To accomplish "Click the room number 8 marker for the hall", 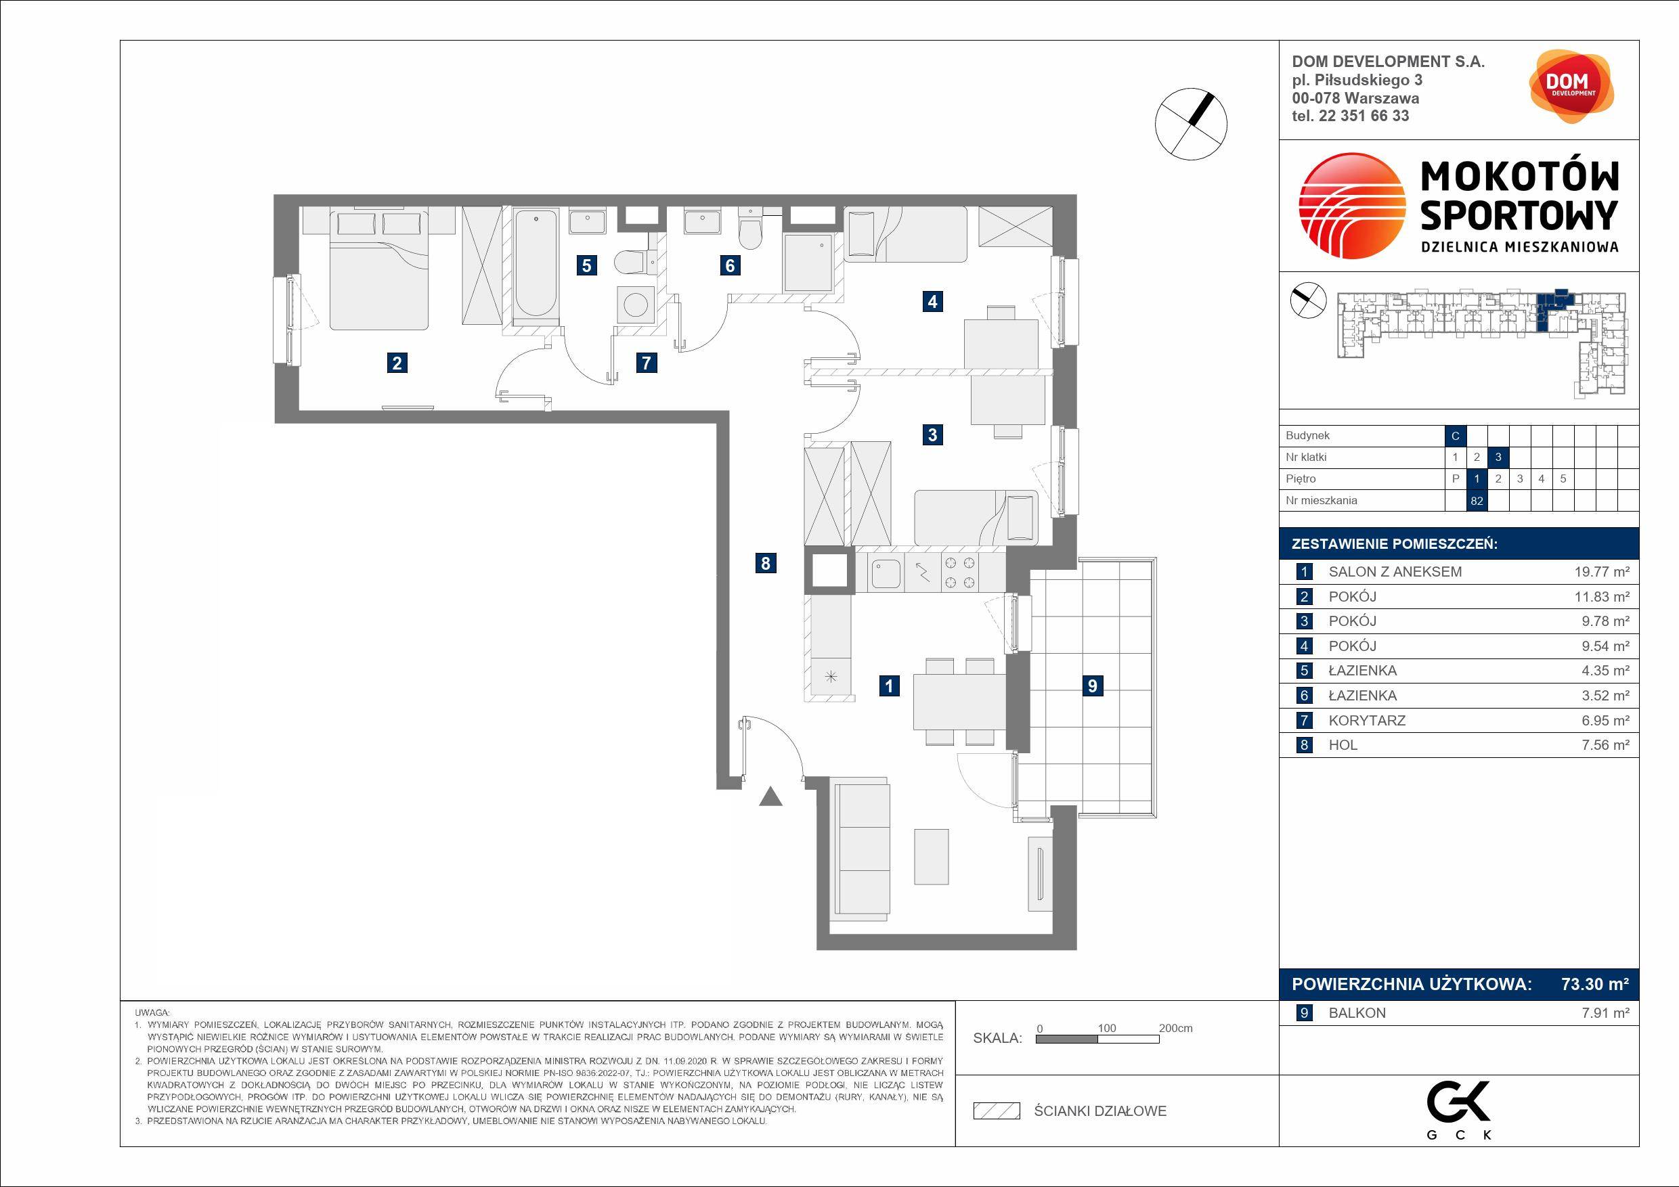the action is coord(765,563).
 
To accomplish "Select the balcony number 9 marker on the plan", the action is coord(1093,686).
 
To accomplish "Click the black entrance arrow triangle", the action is coord(770,796).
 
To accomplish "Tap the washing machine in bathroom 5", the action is coord(635,304).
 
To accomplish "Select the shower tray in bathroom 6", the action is coord(808,263).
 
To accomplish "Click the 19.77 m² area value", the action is coord(1602,572).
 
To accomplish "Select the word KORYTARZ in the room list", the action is coord(1367,721).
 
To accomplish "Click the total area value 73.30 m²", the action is coord(1595,984).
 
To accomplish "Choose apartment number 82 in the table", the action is coord(1477,501).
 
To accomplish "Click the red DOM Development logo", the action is coord(1571,86).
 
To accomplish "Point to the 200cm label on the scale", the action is coord(1175,1028).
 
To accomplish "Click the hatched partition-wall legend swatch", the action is coord(996,1111).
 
